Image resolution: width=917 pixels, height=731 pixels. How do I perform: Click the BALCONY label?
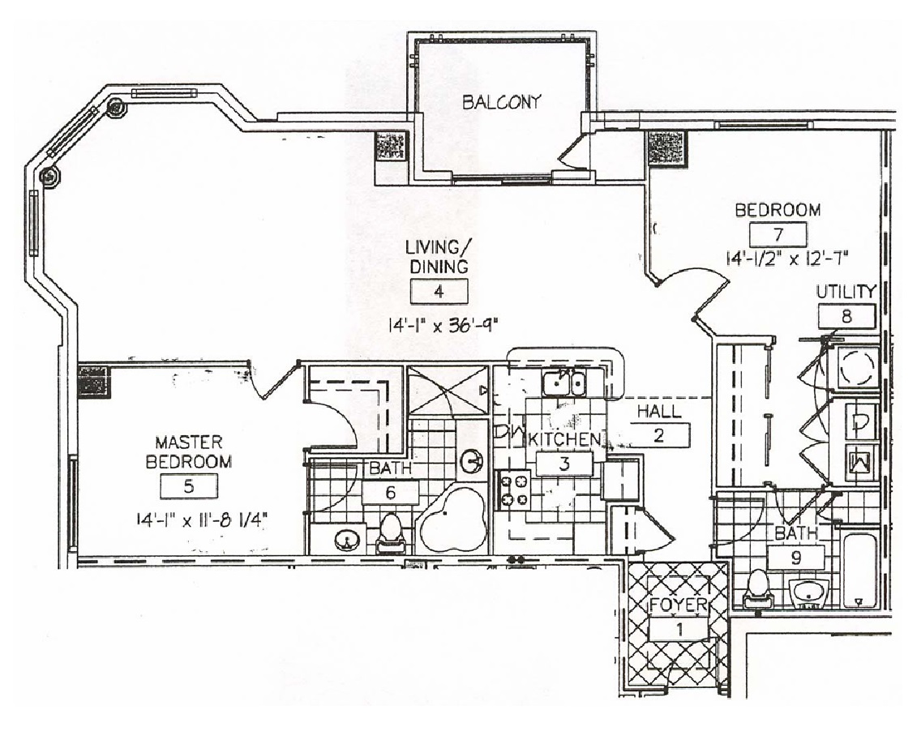501,102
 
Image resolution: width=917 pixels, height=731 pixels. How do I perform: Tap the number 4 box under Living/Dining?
439,292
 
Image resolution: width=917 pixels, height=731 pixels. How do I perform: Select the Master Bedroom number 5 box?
189,486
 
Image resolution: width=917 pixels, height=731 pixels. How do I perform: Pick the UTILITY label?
846,292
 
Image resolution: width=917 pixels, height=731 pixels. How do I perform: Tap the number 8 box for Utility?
846,317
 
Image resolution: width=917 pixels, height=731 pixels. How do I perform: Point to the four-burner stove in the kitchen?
514,489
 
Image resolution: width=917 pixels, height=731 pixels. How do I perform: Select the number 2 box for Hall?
660,435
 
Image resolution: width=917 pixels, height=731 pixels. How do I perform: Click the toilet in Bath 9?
759,589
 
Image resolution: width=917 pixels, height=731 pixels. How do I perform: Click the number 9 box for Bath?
796,558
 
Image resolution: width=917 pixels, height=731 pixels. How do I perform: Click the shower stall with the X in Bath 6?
448,391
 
